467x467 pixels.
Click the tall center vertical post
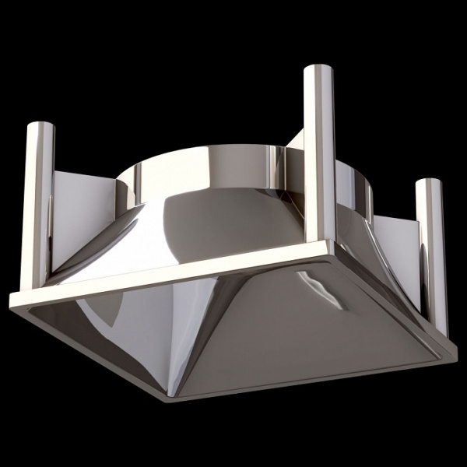pos(317,156)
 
